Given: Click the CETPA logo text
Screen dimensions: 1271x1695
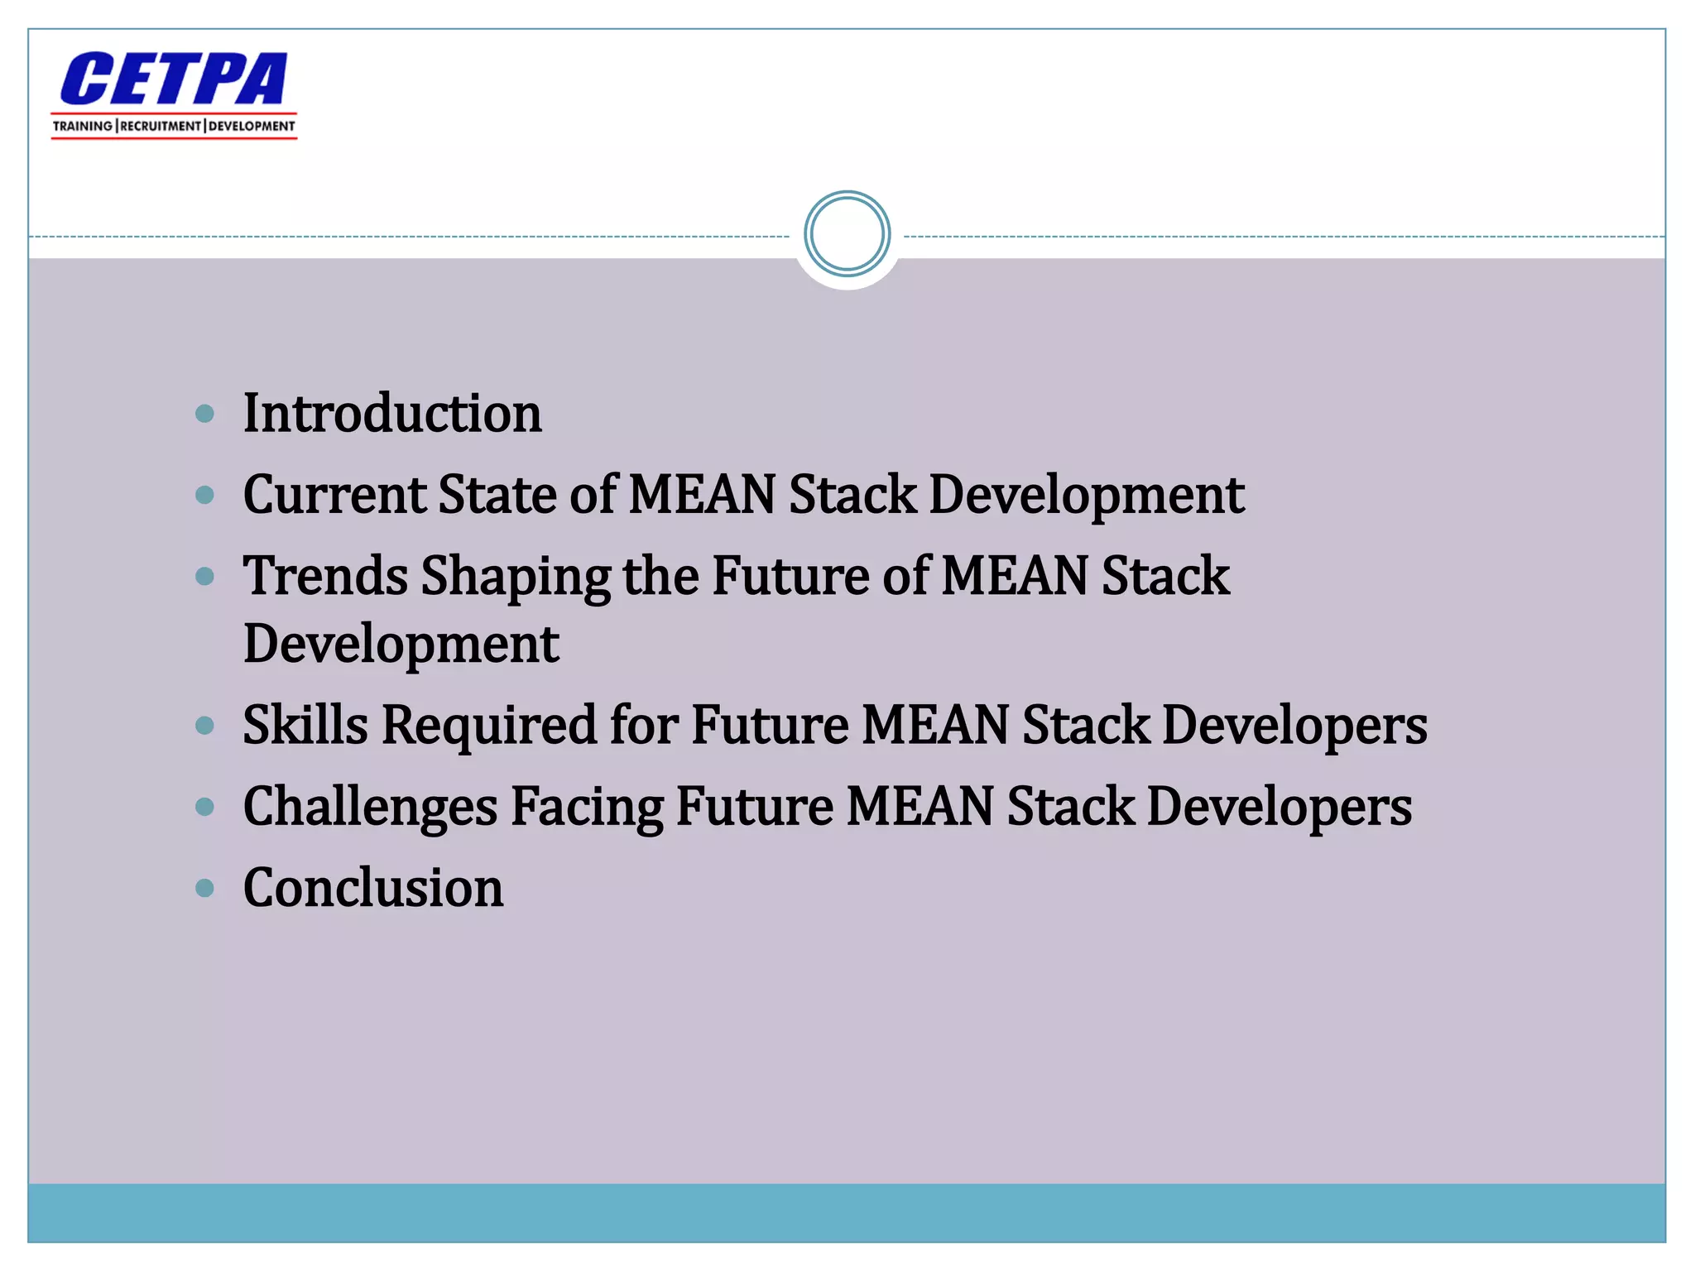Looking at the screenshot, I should [x=173, y=79].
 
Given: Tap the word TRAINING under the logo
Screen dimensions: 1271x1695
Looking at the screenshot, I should [x=83, y=126].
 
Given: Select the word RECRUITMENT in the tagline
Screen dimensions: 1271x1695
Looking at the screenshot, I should [x=161, y=126].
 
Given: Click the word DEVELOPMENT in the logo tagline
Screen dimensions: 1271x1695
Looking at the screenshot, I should [x=251, y=126].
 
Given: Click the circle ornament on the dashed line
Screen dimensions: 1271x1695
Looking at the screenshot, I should [x=847, y=234].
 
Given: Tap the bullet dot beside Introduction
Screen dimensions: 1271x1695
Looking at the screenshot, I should [x=204, y=414].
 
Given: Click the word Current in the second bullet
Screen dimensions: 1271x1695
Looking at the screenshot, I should [x=334, y=495].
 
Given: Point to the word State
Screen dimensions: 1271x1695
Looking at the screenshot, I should [x=497, y=495].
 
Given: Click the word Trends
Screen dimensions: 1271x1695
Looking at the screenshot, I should [x=325, y=576].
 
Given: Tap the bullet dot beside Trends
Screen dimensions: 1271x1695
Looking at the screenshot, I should [x=204, y=576].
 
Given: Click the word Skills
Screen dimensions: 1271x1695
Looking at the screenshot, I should [x=305, y=725].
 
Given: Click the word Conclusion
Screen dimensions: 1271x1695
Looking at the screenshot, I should [x=373, y=888].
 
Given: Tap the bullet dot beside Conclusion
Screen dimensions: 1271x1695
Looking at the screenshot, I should [x=204, y=889].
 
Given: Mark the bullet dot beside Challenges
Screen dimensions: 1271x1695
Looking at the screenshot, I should [x=204, y=807].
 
